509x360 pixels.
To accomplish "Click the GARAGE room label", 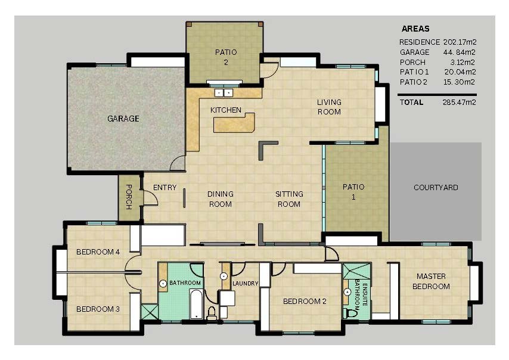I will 123,119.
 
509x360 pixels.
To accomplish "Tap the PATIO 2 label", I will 225,57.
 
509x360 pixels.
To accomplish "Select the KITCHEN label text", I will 226,110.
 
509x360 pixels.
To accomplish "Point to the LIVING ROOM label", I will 328,107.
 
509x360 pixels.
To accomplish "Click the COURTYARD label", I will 436,188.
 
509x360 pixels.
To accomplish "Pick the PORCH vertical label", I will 128,196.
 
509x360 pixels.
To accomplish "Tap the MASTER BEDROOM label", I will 433,281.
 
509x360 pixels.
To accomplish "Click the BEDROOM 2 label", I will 305,302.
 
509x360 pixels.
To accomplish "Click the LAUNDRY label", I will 245,284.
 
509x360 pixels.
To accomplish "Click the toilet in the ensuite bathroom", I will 350,312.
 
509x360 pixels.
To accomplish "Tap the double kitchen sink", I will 224,92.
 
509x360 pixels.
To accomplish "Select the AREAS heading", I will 415,29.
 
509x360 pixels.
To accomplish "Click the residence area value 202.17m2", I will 460,42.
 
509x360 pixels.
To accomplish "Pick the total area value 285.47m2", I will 460,102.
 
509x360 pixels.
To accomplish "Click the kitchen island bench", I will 234,123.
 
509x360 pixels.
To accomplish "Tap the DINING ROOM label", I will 220,199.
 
